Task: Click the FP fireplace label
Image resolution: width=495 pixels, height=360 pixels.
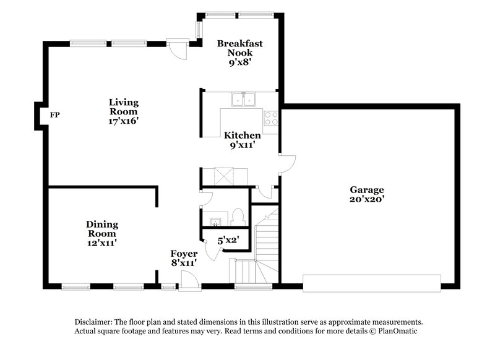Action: point(55,114)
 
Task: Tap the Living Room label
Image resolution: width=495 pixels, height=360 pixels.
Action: point(123,106)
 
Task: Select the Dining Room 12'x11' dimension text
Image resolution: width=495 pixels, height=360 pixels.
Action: point(102,244)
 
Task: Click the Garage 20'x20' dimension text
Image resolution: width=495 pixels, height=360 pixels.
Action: point(367,200)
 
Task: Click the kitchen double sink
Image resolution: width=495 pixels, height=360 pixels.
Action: point(244,100)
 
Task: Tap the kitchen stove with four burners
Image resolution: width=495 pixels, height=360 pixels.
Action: point(271,117)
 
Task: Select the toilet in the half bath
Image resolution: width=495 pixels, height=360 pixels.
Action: point(239,218)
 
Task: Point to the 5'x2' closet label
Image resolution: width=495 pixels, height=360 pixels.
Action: point(228,240)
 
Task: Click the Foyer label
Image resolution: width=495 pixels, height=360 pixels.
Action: point(184,254)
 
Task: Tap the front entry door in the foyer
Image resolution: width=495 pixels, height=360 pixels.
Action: point(189,280)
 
